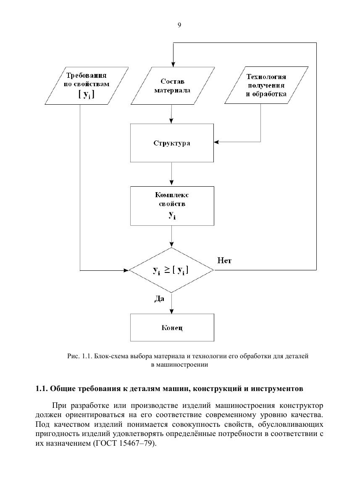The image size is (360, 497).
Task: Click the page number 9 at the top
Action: point(179,25)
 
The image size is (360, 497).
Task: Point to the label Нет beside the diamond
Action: point(224,261)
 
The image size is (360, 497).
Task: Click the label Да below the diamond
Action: point(159,299)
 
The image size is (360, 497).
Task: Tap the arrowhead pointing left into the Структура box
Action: point(217,142)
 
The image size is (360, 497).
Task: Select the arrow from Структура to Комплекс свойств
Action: point(172,174)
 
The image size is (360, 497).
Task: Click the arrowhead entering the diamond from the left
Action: point(126,270)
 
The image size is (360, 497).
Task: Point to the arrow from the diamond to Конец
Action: point(172,303)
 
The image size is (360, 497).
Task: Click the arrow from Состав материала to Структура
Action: point(171,114)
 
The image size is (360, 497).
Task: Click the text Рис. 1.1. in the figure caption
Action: point(79,356)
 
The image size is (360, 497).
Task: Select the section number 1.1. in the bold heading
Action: point(42,389)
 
